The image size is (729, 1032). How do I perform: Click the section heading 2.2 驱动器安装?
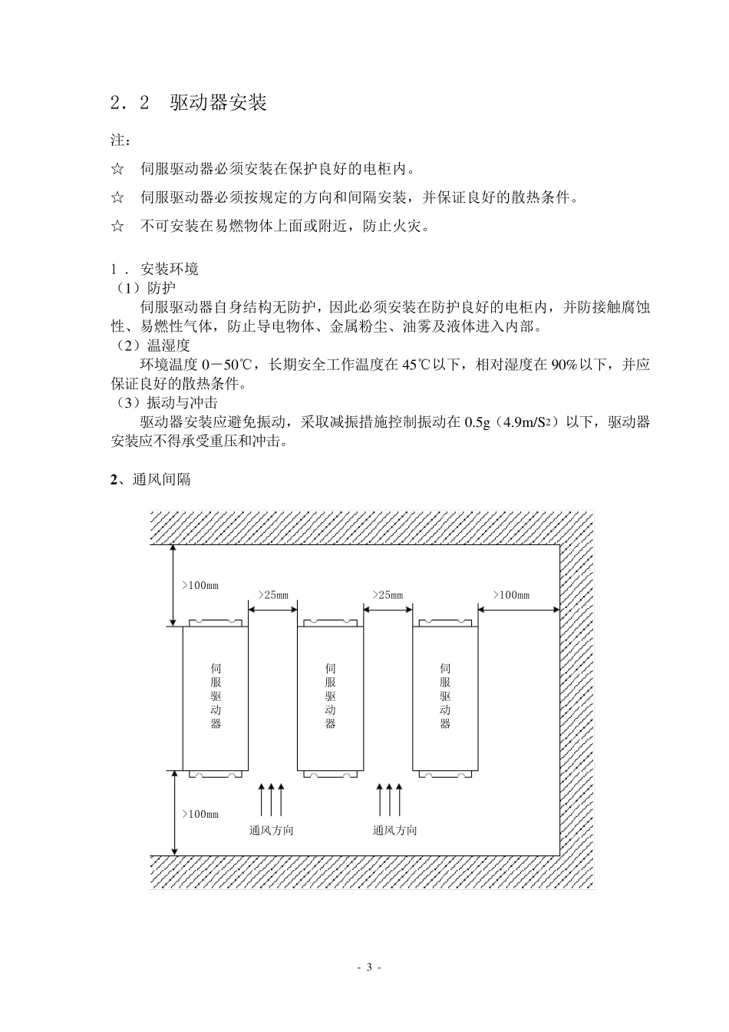(189, 103)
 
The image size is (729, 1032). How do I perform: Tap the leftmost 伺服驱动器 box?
(215, 697)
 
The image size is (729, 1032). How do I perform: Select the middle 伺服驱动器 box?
(330, 697)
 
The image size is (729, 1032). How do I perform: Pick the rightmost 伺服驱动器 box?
(445, 697)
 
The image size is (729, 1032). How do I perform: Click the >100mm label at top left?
(200, 585)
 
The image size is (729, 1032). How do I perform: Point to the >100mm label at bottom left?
(200, 814)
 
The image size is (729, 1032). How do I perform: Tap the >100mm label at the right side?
(511, 595)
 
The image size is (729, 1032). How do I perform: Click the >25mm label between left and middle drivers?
(272, 595)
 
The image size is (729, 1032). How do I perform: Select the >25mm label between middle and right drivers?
(388, 595)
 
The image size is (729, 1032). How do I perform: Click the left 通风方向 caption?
(271, 830)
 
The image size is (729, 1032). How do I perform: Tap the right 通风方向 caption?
(395, 830)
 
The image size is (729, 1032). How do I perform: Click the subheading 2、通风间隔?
(150, 480)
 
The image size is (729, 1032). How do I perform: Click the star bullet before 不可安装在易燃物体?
(117, 227)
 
